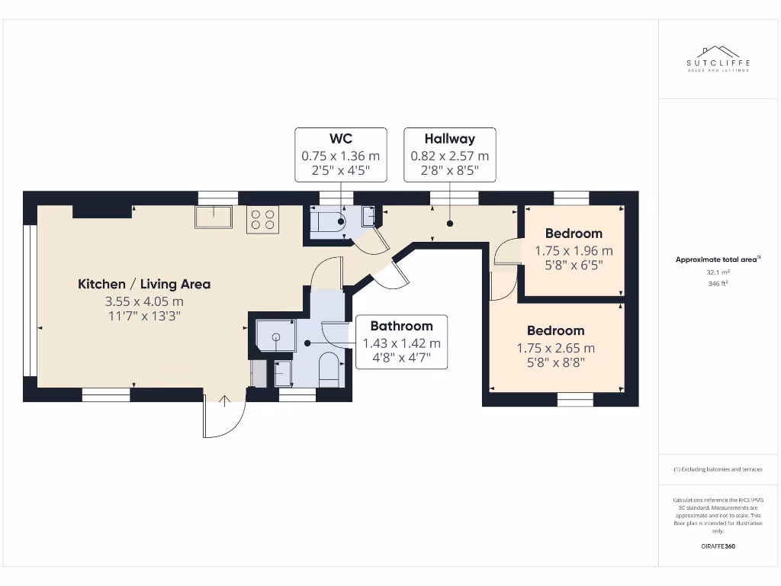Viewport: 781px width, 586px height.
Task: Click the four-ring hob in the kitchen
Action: tap(262, 220)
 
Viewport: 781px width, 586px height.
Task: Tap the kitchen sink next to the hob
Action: tap(214, 217)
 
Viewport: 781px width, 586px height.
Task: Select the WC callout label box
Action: tap(340, 155)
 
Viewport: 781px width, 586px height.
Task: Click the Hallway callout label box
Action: tap(450, 155)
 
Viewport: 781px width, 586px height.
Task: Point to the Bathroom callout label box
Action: tap(401, 342)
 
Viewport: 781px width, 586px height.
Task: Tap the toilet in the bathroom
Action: tap(329, 369)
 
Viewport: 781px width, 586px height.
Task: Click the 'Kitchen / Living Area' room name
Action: tap(144, 284)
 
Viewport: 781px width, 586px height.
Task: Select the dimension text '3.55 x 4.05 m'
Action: tap(144, 301)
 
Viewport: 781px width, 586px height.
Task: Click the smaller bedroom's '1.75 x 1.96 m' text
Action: tap(574, 250)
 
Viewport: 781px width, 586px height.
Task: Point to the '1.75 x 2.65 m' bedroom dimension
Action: tap(556, 348)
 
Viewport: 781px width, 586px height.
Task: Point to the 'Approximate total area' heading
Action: tap(717, 259)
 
